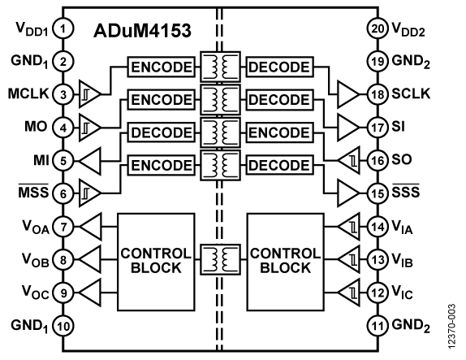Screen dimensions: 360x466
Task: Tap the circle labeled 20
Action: point(378,29)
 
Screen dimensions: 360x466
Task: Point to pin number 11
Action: point(378,327)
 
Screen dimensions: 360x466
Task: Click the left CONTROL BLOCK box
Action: point(156,261)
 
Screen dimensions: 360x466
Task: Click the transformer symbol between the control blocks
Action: point(221,261)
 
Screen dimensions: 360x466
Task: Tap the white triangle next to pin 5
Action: point(91,162)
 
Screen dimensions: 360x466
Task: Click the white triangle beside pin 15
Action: point(347,193)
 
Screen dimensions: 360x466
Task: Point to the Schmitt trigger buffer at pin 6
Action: point(89,193)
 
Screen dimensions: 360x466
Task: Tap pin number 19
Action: point(378,61)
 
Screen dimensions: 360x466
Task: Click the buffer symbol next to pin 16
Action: point(347,162)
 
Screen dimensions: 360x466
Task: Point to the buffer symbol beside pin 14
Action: point(347,228)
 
